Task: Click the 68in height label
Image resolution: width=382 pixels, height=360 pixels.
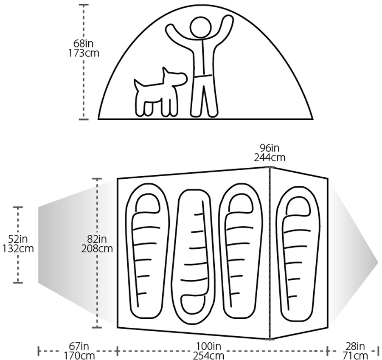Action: coord(83,44)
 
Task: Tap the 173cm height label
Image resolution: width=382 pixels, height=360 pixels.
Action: coord(84,53)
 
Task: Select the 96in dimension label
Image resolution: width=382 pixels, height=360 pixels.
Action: coord(270,148)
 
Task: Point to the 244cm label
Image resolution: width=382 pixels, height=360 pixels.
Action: coord(270,157)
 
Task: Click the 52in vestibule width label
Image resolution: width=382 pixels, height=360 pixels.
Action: coord(18,239)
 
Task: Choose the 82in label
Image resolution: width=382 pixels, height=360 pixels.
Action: coord(97,239)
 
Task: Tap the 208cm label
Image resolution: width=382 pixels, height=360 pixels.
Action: coord(97,249)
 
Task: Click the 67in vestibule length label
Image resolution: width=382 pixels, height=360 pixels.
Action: coord(79,346)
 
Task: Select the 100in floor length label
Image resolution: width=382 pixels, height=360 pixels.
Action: coord(208,346)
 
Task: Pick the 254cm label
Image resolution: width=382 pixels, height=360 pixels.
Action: coord(208,356)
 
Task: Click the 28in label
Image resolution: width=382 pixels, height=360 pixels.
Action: coord(355,346)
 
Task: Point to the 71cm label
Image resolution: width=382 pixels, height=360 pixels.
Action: coord(355,356)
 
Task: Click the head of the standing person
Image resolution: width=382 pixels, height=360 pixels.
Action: coord(201,28)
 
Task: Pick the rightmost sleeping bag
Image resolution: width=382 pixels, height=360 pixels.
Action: coord(299,253)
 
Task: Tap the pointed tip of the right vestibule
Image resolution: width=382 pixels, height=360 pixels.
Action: coord(378,259)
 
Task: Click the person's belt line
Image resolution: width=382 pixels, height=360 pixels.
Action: coord(203,76)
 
